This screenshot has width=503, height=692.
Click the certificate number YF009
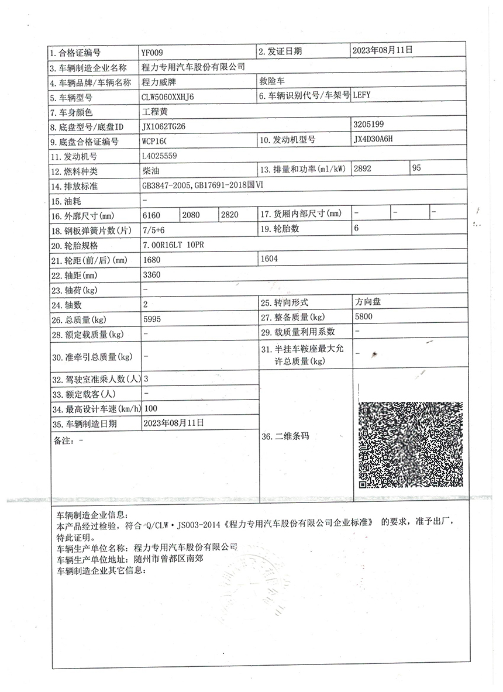pyautogui.click(x=153, y=51)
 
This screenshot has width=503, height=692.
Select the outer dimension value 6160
pyautogui.click(x=151, y=215)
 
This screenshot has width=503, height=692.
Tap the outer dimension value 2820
pyautogui.click(x=230, y=215)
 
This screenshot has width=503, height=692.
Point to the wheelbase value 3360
pyautogui.click(x=151, y=274)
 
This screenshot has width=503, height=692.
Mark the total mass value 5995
pyautogui.click(x=152, y=319)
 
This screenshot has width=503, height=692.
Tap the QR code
pyautogui.click(x=410, y=445)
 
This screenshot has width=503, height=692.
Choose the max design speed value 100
pyautogui.click(x=150, y=408)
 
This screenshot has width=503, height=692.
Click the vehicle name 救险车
pyautogui.click(x=271, y=81)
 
